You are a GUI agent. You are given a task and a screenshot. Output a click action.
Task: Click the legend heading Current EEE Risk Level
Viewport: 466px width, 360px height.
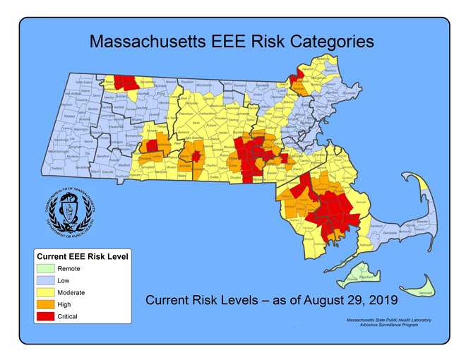[x=82, y=256]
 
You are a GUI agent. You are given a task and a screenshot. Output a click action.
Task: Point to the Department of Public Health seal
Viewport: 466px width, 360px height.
[x=68, y=210]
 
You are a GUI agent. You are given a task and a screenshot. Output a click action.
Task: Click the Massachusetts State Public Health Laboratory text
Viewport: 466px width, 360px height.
[x=384, y=320]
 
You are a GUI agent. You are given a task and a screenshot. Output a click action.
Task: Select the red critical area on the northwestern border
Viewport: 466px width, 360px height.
[x=125, y=82]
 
